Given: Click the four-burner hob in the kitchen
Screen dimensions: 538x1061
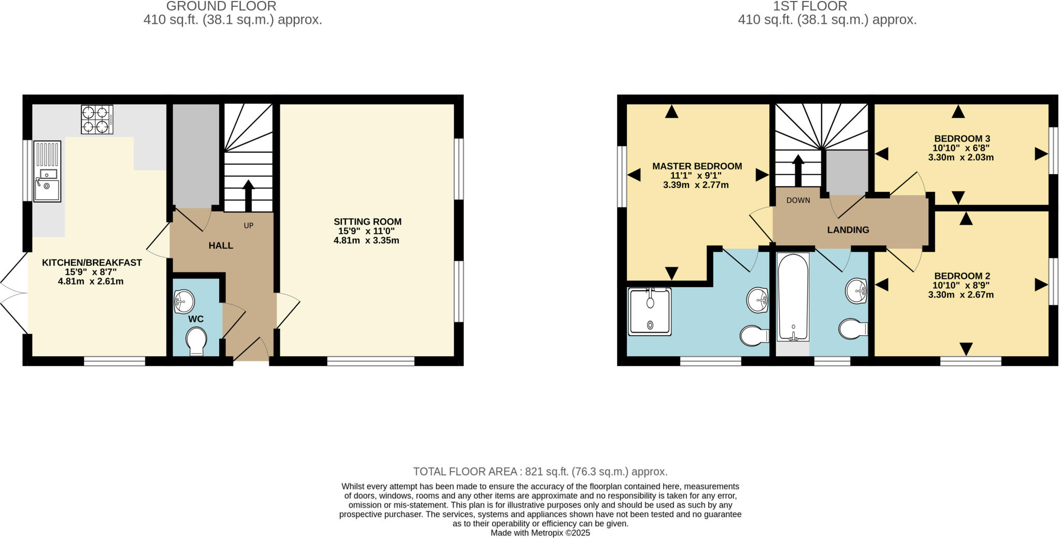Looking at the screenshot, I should [x=97, y=120].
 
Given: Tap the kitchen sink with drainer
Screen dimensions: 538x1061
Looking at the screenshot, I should [x=47, y=172].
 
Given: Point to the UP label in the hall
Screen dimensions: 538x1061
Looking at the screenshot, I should [x=249, y=226].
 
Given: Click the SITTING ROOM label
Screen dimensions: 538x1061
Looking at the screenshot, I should [x=367, y=222].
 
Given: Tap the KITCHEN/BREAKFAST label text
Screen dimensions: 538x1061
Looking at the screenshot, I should [x=92, y=263].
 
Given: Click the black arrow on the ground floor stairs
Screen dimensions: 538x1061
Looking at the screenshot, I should [x=249, y=195].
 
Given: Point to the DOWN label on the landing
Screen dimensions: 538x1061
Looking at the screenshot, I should [x=798, y=200].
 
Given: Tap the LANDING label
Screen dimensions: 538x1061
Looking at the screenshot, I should [x=848, y=230].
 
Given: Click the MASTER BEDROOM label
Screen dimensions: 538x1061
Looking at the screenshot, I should [x=697, y=166].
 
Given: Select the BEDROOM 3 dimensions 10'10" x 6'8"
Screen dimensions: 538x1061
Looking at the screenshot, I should [x=962, y=148].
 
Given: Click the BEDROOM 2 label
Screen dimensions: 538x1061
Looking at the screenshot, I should [x=962, y=276].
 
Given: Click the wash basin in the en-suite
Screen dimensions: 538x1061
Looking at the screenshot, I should [x=757, y=300].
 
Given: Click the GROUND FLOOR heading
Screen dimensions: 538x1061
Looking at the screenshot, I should [x=221, y=7].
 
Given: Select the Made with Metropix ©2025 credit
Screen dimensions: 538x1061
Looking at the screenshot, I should [x=540, y=533].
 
